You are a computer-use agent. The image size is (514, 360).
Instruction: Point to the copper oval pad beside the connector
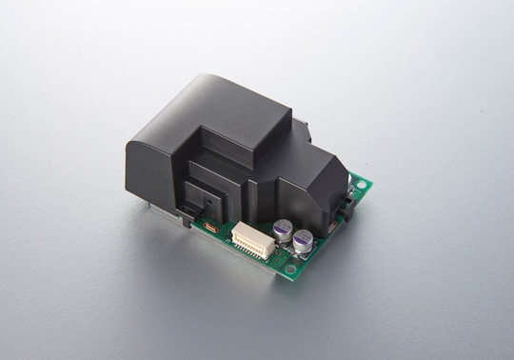[209, 229]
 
